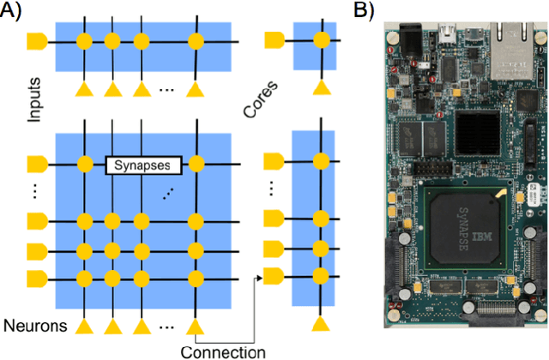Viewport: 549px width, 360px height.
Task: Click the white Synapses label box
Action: tap(141, 164)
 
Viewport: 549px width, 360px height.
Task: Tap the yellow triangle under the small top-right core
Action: tap(321, 87)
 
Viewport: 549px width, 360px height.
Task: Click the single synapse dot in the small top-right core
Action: tap(321, 40)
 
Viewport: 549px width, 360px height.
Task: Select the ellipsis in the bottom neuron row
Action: tap(168, 325)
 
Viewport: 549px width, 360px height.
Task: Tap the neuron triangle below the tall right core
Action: tap(321, 323)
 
